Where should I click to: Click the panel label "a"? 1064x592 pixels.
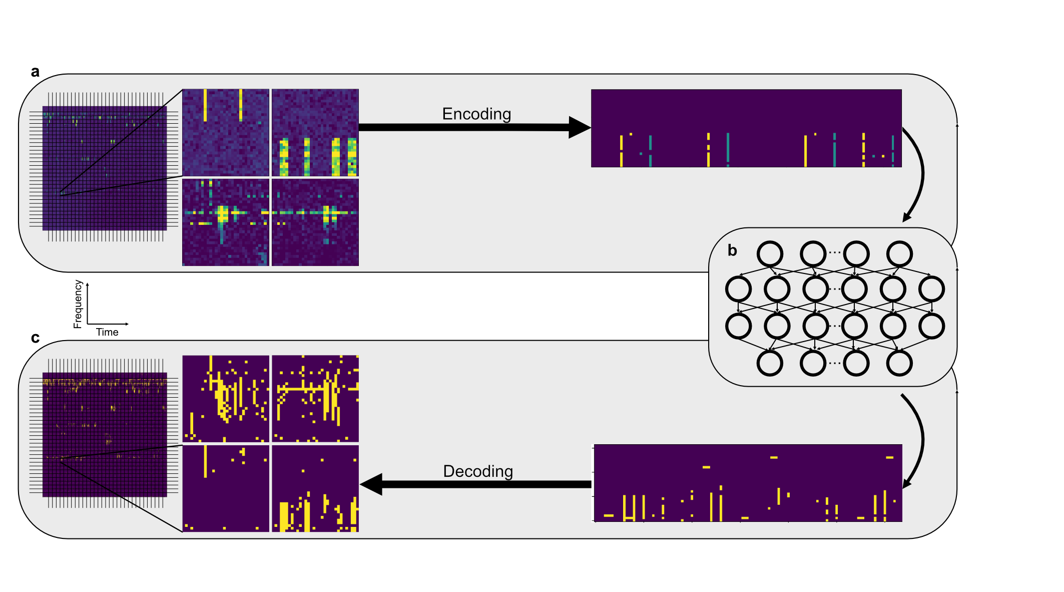[x=35, y=72]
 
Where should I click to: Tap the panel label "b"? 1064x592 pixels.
[x=732, y=250]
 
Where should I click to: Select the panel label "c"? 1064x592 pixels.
[x=35, y=338]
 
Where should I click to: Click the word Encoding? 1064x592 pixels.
[x=476, y=114]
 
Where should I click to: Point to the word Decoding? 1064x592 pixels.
[x=478, y=471]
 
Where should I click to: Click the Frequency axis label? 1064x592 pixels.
[x=78, y=304]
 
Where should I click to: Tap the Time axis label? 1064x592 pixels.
[x=107, y=332]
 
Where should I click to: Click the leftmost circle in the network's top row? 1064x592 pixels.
[x=770, y=254]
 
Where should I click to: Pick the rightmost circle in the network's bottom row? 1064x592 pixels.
[x=899, y=363]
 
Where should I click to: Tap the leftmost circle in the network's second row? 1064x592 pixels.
[x=738, y=289]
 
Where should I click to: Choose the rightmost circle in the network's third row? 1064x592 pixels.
[x=931, y=326]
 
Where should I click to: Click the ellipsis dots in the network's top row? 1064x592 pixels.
[x=835, y=252]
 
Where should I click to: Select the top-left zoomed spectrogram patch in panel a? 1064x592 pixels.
[x=226, y=132]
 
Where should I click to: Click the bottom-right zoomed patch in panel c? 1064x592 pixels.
[x=315, y=489]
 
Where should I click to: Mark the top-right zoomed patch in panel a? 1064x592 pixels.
[x=315, y=132]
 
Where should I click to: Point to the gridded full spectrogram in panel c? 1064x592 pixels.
[x=104, y=434]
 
